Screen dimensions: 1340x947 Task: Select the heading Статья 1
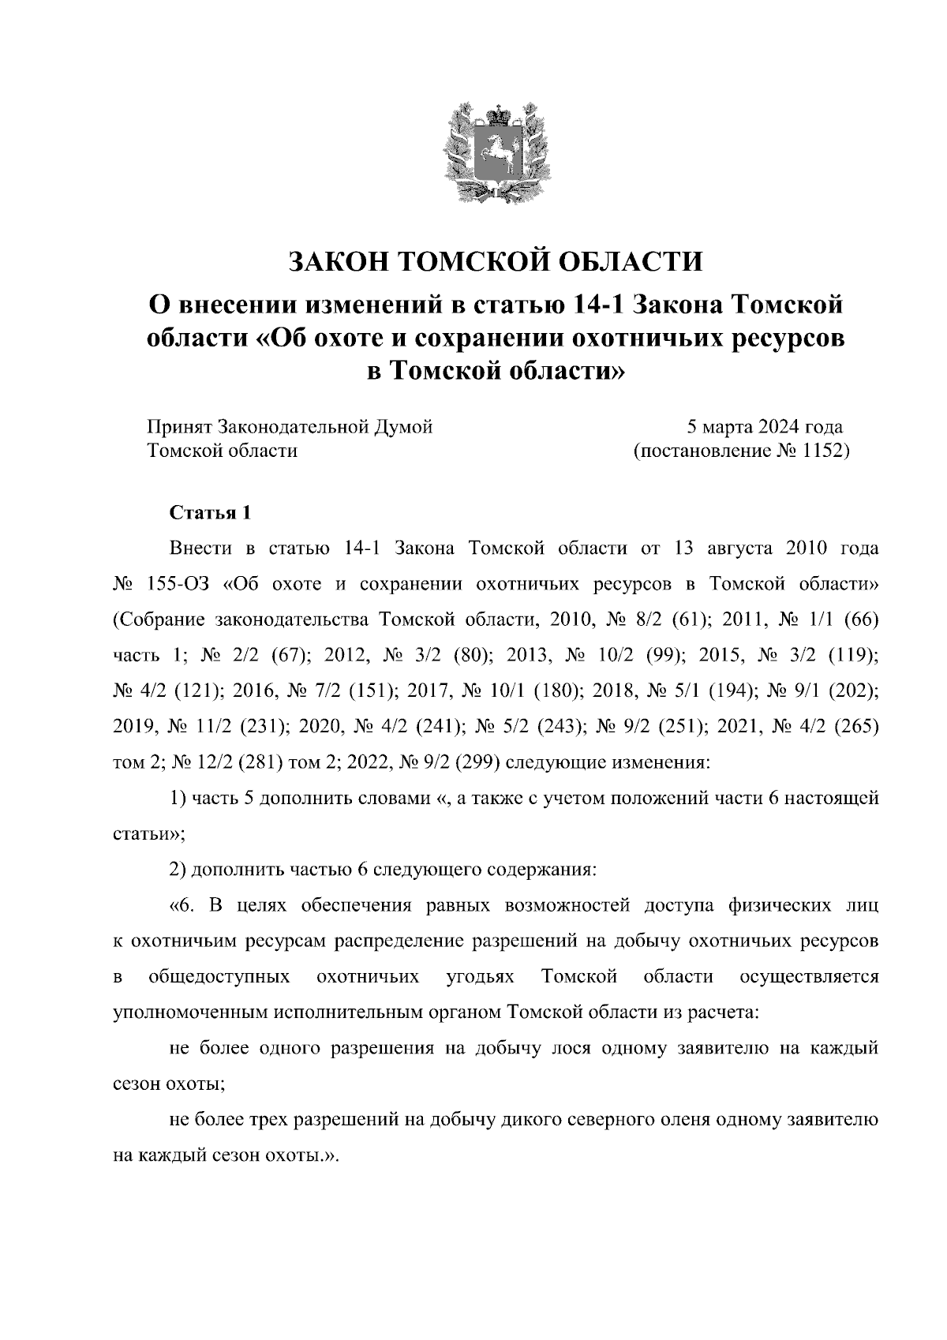(211, 513)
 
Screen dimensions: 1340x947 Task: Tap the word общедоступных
(219, 977)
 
